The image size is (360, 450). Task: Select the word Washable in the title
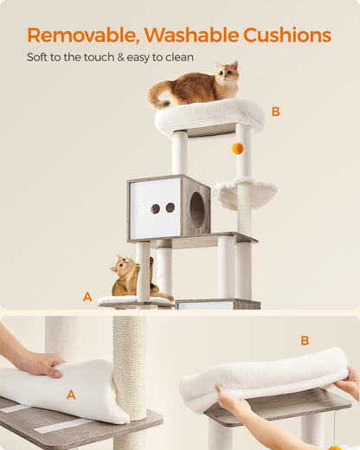(187, 35)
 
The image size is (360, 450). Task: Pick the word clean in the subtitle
(179, 58)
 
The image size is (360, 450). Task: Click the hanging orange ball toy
(237, 148)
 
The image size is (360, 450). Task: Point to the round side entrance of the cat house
(196, 209)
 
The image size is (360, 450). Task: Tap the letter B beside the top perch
(275, 112)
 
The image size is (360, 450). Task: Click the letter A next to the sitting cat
(87, 297)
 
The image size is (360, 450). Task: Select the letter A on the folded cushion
(71, 395)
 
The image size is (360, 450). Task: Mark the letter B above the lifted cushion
(305, 340)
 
